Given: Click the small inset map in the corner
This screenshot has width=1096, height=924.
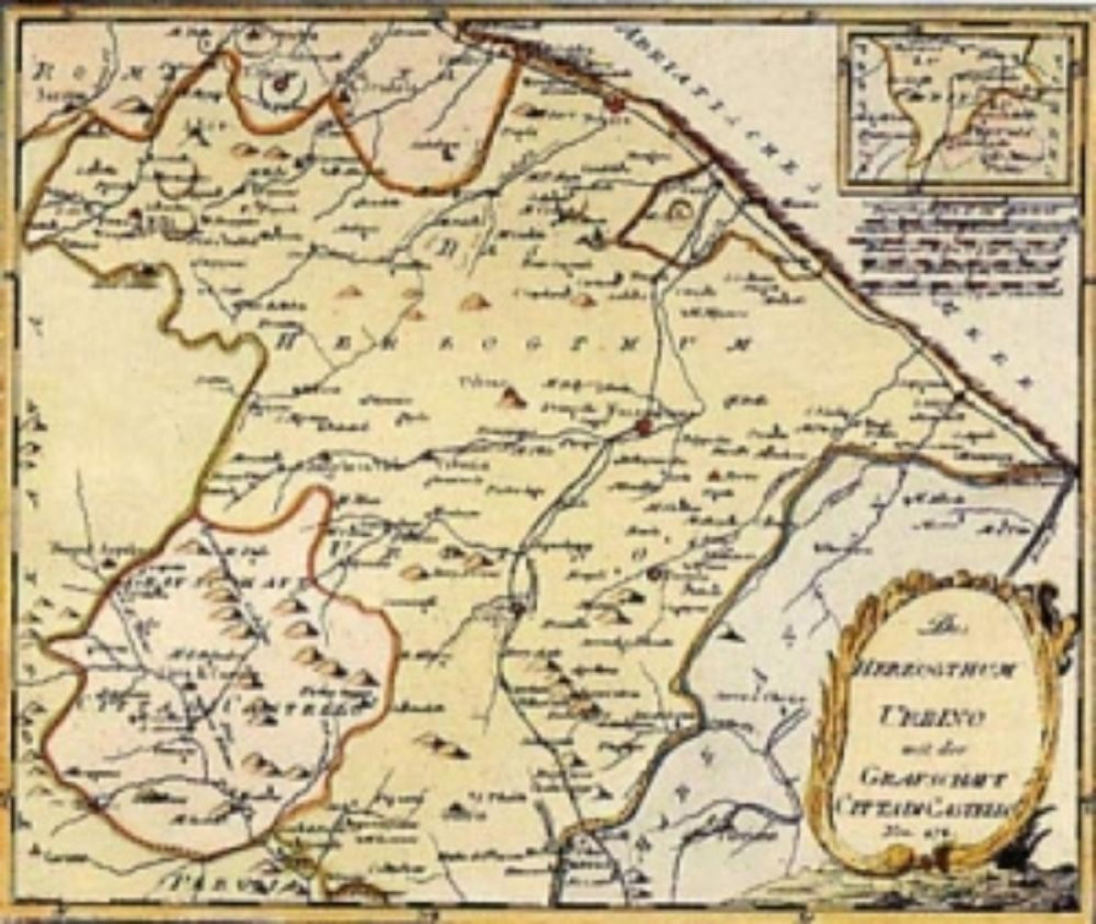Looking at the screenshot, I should (955, 105).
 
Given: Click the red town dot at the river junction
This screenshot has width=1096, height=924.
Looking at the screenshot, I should (645, 426).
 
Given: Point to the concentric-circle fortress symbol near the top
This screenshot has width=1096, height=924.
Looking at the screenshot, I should (280, 87).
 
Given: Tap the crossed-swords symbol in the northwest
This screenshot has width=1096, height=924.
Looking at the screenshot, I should (195, 134).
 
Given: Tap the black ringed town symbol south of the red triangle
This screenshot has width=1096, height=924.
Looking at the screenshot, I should (655, 573).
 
